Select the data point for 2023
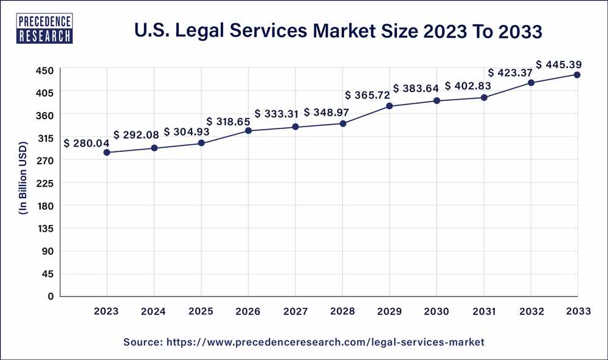[107, 153]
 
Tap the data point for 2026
[249, 131]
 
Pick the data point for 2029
[390, 106]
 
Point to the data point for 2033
[577, 75]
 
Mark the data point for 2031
[484, 97]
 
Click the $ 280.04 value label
[86, 144]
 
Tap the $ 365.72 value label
[368, 95]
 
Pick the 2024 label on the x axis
[154, 311]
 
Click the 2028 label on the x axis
[343, 311]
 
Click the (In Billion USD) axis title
[23, 183]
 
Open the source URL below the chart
[304, 342]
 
